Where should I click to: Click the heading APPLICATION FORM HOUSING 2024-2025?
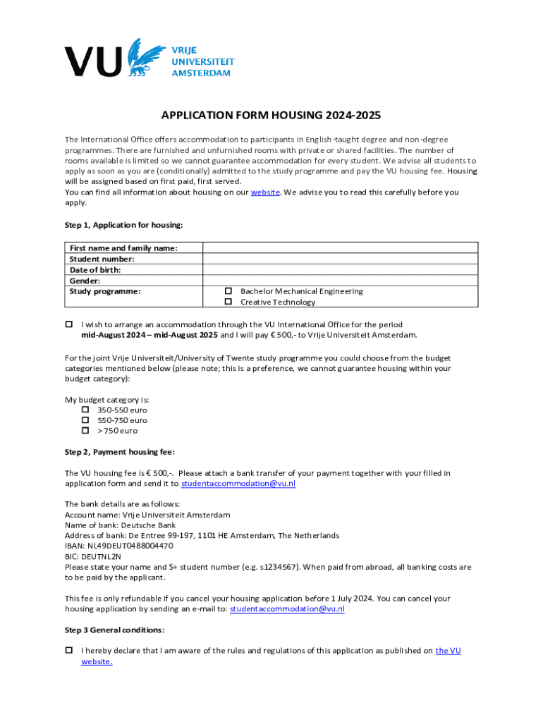click(x=271, y=116)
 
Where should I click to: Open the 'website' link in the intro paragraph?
click(x=266, y=192)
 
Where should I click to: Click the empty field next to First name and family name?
click(x=340, y=247)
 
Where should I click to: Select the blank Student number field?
click(x=340, y=259)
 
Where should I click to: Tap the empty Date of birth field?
click(x=340, y=269)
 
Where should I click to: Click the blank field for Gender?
click(x=340, y=280)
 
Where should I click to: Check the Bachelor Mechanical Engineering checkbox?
click(x=228, y=291)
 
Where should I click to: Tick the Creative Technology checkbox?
click(x=228, y=302)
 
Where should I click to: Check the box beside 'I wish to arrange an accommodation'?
click(x=69, y=324)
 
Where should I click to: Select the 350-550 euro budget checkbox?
click(x=85, y=410)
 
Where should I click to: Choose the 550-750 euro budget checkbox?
click(x=85, y=420)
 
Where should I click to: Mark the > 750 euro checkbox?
click(x=85, y=430)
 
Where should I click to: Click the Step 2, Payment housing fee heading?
click(x=119, y=451)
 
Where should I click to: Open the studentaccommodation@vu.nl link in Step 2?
click(x=238, y=484)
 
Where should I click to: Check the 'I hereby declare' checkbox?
click(x=69, y=650)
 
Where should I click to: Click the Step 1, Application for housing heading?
click(x=123, y=225)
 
